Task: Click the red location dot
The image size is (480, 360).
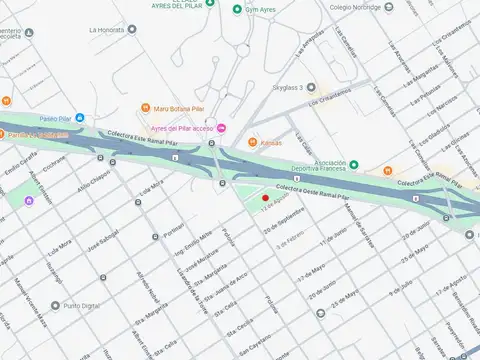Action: point(265,198)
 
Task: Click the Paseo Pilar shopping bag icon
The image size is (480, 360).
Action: point(80,118)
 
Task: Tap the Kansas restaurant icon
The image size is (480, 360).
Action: point(252,142)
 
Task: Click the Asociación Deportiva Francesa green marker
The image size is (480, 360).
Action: point(353,163)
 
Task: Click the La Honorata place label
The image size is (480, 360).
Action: point(107,30)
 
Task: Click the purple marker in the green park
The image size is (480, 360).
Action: point(29,202)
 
